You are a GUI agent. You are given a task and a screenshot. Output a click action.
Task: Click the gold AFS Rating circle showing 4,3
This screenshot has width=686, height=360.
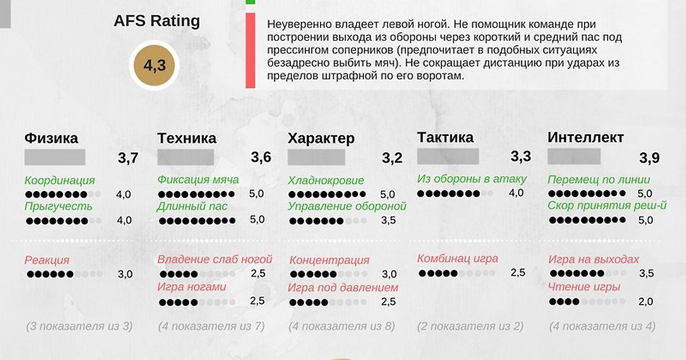[x=154, y=66]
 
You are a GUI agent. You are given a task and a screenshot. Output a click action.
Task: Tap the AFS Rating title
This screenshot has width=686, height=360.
[x=157, y=21]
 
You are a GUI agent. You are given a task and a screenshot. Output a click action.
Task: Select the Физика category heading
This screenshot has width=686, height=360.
[x=51, y=138]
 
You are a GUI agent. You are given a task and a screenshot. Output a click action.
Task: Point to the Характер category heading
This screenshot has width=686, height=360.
[x=321, y=138]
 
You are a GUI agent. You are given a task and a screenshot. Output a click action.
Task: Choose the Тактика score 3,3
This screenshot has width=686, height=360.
[x=521, y=156]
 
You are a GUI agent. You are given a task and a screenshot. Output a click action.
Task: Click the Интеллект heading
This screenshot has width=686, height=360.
[x=585, y=137]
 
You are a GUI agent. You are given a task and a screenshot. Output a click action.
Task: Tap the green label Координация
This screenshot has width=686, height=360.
[x=59, y=181]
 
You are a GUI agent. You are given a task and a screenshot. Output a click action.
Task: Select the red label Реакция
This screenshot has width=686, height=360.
[x=47, y=260]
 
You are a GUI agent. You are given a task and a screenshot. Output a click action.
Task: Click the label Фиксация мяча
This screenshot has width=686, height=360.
[x=198, y=179]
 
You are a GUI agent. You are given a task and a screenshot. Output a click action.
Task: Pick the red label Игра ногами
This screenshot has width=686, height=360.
[x=192, y=286]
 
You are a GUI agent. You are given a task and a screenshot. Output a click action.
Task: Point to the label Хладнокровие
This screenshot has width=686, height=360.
[x=326, y=181]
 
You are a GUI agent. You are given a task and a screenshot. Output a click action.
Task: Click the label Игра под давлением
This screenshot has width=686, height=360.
[x=343, y=287]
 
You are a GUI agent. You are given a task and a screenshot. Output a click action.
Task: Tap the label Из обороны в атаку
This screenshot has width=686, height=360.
[x=472, y=179]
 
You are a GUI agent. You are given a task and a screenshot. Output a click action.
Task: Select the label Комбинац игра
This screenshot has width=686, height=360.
[x=457, y=258]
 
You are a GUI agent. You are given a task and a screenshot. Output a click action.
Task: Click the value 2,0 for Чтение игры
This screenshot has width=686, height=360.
[x=646, y=302]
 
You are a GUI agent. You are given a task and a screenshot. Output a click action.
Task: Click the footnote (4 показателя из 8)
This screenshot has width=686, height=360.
[x=341, y=326]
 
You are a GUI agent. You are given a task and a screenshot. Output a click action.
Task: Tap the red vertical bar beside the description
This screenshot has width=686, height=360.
[x=250, y=51]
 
